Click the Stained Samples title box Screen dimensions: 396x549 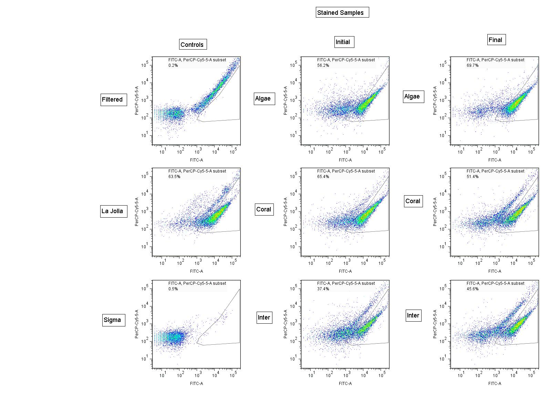coord(342,12)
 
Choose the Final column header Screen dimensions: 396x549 coord(496,40)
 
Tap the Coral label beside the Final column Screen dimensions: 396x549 coord(413,201)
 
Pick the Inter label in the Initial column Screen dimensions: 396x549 coord(264,317)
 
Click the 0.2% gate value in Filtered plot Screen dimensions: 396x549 coord(173,65)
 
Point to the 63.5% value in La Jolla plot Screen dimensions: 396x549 coord(174,177)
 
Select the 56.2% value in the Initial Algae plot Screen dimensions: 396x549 coord(323,65)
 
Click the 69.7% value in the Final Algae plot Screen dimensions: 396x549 coord(473,65)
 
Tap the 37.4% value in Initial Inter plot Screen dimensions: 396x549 coord(323,289)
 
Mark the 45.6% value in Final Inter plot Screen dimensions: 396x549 coord(473,289)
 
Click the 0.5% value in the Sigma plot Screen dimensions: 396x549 coord(173,289)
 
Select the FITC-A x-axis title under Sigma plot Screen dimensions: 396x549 coord(197,383)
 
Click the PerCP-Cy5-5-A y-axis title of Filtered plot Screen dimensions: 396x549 coord(137,100)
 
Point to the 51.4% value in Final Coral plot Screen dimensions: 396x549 coord(473,177)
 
